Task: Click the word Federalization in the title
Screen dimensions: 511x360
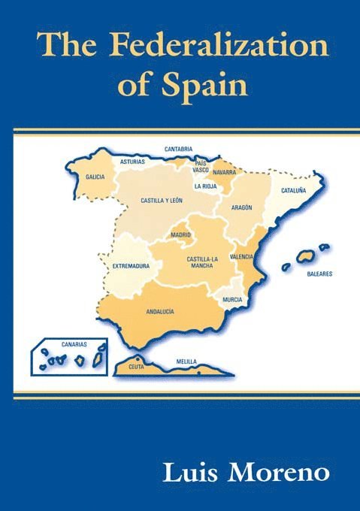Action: point(219,47)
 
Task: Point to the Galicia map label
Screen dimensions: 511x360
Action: point(95,177)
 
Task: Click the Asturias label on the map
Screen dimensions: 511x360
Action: point(132,161)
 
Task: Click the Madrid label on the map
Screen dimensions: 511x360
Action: point(182,235)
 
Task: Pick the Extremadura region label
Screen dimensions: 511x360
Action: point(131,266)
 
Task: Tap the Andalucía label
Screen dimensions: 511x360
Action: point(160,311)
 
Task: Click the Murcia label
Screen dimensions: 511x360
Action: point(232,300)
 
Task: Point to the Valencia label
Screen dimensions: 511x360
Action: point(241,257)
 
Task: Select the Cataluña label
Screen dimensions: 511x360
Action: point(294,191)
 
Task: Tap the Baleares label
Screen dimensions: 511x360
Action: point(319,274)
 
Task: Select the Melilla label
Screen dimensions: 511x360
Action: point(186,361)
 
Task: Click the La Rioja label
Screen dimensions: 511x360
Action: point(204,186)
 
